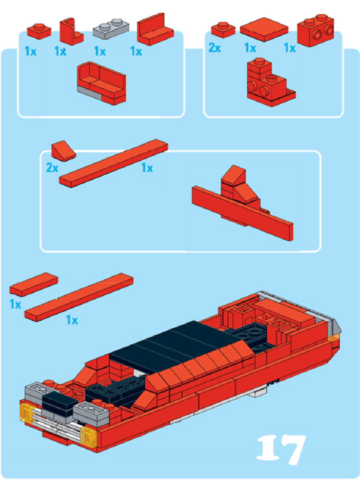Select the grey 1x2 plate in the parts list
111,29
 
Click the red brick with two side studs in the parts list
315,30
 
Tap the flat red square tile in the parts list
264,29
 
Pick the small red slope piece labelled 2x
64,151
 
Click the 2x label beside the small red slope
52,168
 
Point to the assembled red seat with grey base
101,83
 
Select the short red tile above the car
34,285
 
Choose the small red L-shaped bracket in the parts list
71,32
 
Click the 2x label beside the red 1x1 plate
215,47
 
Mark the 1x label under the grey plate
100,52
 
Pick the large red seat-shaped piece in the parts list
155,29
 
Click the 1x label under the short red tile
15,304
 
